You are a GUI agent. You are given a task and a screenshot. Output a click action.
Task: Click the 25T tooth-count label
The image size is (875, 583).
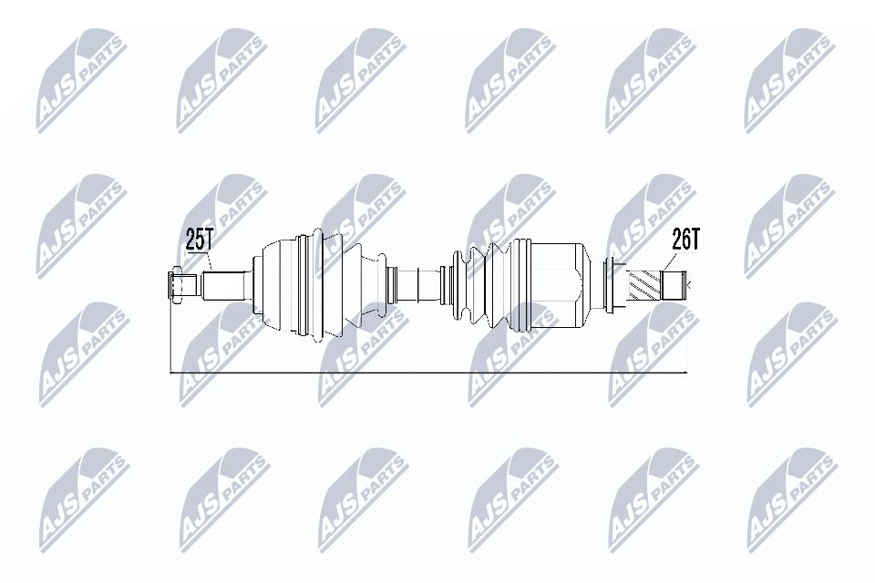[199, 240]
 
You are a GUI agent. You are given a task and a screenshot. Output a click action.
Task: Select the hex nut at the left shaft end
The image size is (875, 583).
[177, 285]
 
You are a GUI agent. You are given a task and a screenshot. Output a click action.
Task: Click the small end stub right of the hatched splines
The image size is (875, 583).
[675, 286]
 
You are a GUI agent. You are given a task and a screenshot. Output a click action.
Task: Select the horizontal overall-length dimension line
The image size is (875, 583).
[428, 373]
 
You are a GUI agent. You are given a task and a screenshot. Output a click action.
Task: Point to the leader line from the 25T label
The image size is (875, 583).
[207, 261]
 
